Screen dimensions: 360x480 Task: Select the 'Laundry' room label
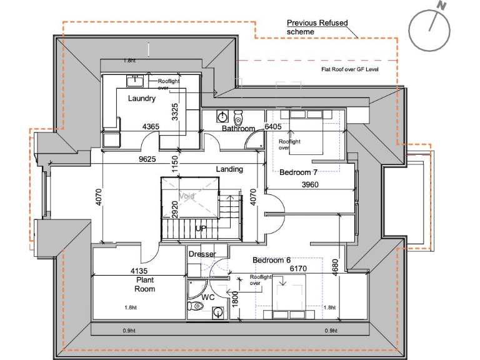click(142, 99)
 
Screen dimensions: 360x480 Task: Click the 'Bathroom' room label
click(239, 129)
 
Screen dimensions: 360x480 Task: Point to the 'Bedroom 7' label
click(299, 172)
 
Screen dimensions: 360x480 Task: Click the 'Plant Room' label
click(145, 285)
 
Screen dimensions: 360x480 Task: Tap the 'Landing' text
click(229, 169)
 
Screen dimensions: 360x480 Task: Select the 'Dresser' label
click(202, 254)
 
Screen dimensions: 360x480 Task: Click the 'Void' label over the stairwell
click(187, 196)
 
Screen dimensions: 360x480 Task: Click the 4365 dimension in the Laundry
click(151, 127)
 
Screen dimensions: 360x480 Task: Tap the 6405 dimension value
click(273, 127)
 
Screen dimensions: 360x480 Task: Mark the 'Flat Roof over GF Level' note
click(349, 69)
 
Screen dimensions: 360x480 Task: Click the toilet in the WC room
click(196, 306)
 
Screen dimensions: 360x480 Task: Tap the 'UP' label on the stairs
click(201, 229)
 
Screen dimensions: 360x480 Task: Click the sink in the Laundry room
click(135, 81)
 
